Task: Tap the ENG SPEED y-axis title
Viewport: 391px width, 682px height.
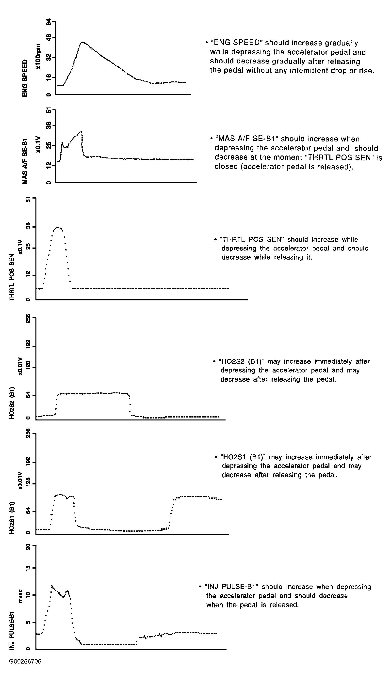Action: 25,78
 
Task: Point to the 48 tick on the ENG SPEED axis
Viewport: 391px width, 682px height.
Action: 49,37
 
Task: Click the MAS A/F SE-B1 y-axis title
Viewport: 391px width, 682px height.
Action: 25,161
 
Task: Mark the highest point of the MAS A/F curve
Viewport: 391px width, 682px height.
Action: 81,131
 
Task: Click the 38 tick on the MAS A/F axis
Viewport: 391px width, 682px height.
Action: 49,125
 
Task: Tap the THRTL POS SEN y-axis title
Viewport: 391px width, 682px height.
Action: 12,277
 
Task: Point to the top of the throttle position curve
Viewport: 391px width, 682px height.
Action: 58,228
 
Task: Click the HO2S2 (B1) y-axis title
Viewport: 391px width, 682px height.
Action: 12,403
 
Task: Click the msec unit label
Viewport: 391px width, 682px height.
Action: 20,597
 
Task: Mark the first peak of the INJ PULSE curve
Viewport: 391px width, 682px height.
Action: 51,586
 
